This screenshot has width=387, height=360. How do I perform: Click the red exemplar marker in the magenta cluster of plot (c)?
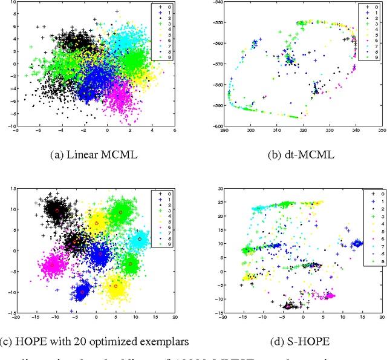(53, 264)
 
